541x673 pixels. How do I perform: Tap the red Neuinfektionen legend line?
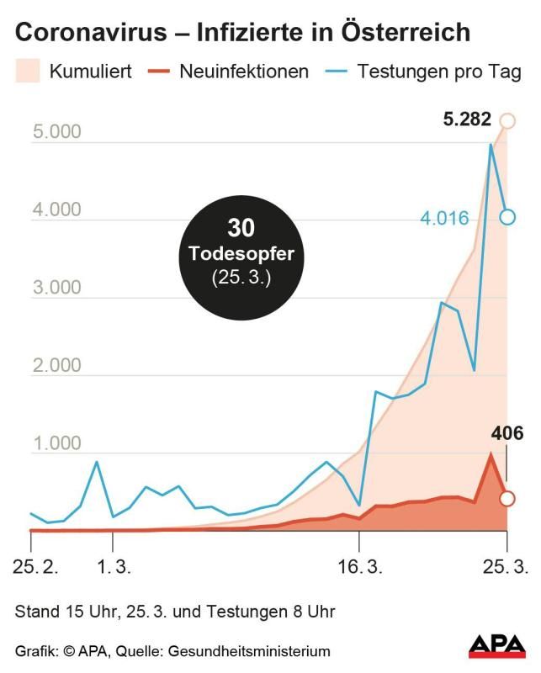(x=162, y=72)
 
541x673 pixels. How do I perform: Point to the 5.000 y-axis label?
(x=56, y=132)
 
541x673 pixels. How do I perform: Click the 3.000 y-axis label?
(x=56, y=288)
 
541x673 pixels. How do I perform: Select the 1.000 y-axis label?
(x=56, y=443)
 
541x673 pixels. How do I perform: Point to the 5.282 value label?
(x=467, y=119)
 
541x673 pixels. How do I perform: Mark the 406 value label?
(x=507, y=434)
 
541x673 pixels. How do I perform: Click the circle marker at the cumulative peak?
(x=507, y=120)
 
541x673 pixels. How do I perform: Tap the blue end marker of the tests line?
(x=507, y=217)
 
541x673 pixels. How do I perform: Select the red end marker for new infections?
(x=507, y=498)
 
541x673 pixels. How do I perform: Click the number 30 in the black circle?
(x=241, y=229)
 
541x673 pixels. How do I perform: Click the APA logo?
(x=496, y=645)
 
